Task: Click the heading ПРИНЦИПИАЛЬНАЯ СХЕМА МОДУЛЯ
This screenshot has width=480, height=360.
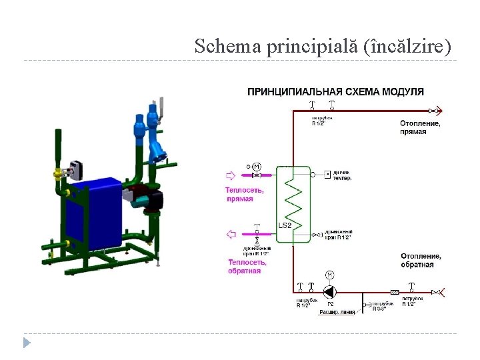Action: click(335, 91)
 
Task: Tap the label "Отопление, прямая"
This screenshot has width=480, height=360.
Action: click(420, 127)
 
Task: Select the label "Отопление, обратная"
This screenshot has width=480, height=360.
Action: click(421, 260)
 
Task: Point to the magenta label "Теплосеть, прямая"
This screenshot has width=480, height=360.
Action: click(244, 195)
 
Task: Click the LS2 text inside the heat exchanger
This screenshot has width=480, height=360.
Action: click(285, 225)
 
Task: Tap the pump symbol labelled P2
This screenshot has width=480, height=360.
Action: click(329, 291)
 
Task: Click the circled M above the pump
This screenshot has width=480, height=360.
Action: click(329, 275)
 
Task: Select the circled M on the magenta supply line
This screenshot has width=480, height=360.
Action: click(257, 166)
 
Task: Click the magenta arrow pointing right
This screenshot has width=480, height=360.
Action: click(230, 176)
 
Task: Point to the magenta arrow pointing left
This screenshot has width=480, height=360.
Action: click(231, 233)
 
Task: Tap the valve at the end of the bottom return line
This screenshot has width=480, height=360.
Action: click(437, 291)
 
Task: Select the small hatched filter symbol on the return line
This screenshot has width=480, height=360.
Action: click(395, 291)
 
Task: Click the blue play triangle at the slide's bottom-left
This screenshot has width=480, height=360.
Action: click(27, 343)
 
